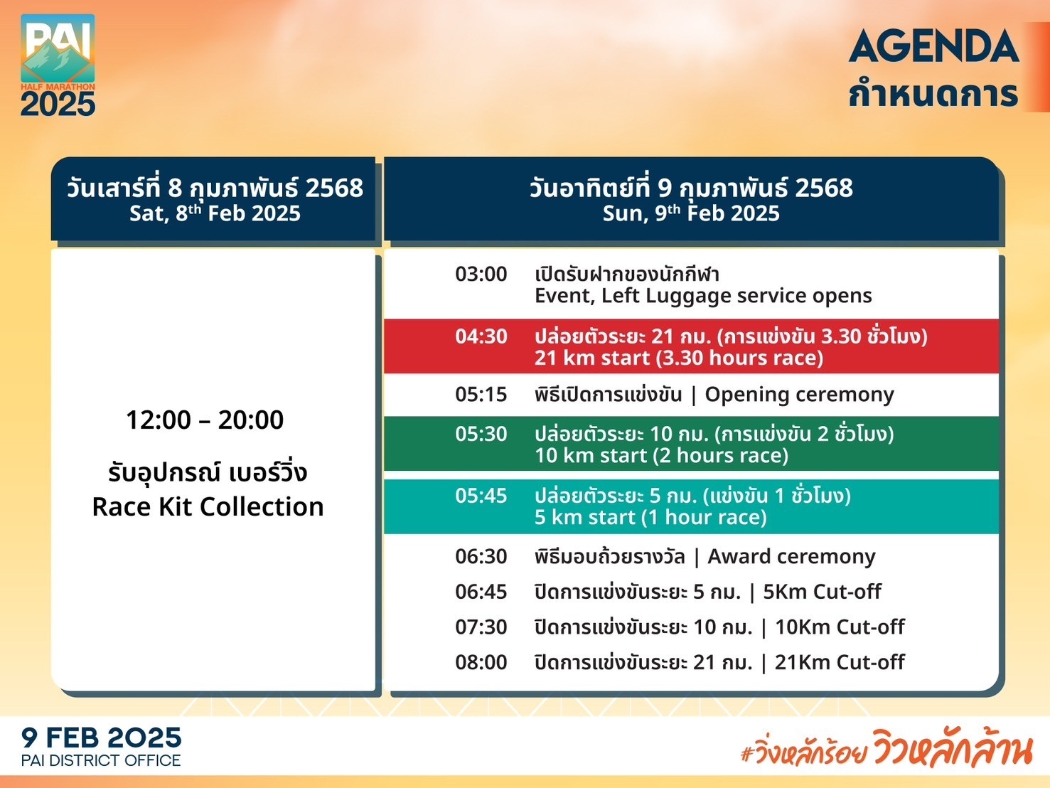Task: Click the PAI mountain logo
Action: (x=58, y=65)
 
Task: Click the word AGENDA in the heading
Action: (x=933, y=46)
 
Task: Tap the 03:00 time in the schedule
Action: (x=481, y=274)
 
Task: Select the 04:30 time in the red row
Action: (x=481, y=336)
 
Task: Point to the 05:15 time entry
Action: (x=481, y=394)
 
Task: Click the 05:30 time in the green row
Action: (x=481, y=434)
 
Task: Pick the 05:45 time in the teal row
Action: (x=481, y=496)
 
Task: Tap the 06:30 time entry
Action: (x=481, y=556)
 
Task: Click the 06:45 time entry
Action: (x=481, y=592)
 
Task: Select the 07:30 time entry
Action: (x=481, y=627)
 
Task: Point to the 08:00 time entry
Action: (x=481, y=662)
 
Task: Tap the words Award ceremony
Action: (x=792, y=557)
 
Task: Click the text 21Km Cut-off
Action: (x=840, y=662)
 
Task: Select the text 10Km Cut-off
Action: (x=840, y=627)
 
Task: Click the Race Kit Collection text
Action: (x=208, y=506)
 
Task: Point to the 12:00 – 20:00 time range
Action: (x=205, y=420)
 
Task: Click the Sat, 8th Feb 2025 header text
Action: (x=215, y=213)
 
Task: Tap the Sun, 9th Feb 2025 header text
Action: (x=691, y=213)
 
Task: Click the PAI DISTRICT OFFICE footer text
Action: (x=101, y=760)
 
